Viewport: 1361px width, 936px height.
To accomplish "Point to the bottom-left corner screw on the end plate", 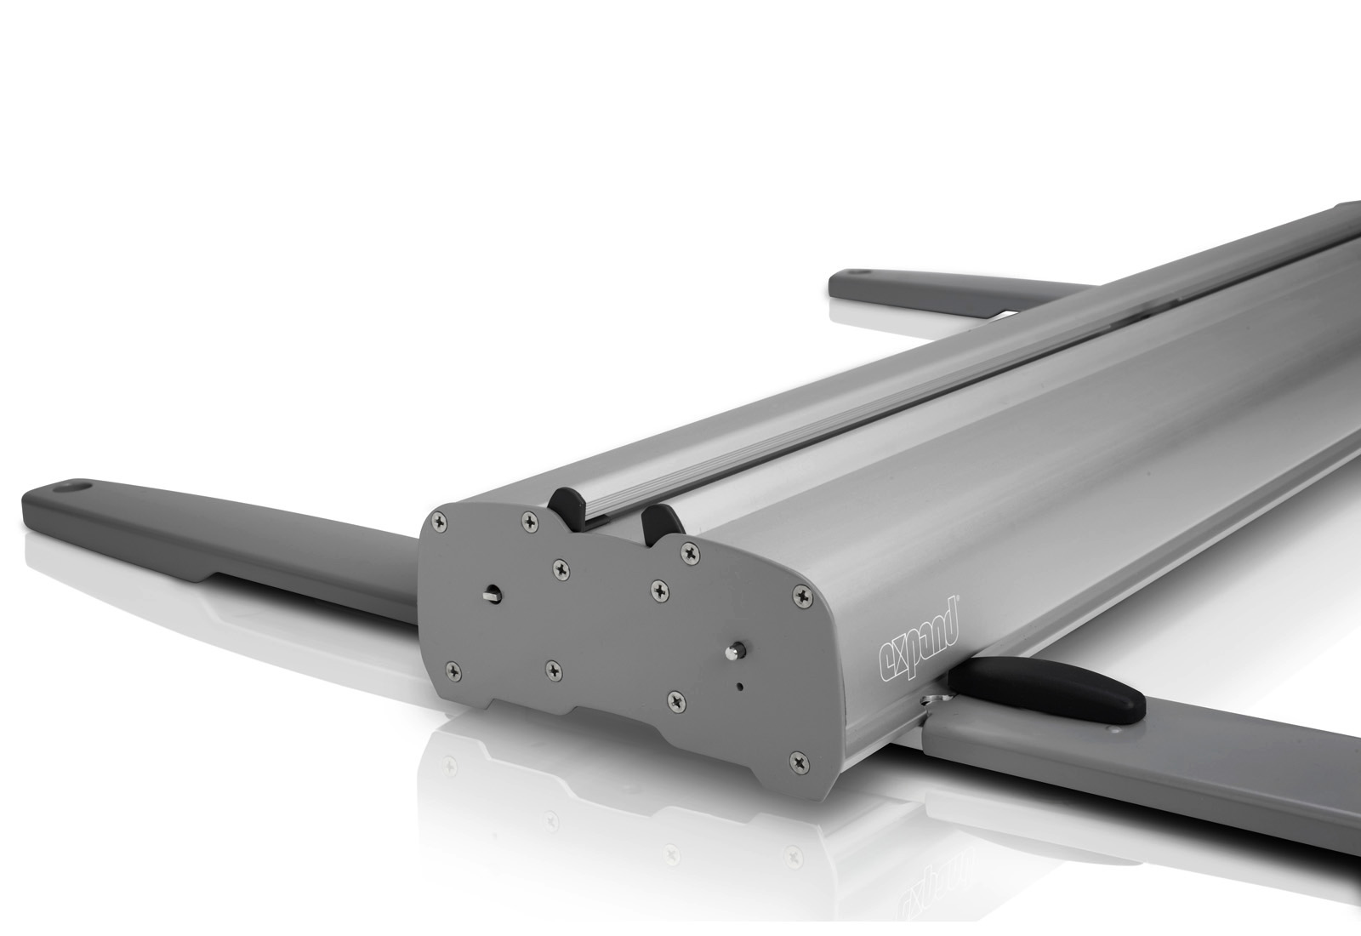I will (x=453, y=672).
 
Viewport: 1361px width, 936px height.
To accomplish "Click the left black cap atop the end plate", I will (x=567, y=507).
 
